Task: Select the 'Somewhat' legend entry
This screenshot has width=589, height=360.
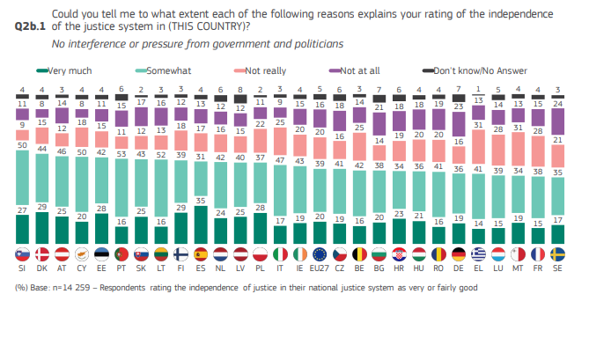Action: pyautogui.click(x=168, y=70)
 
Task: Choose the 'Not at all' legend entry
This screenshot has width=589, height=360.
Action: pyautogui.click(x=361, y=70)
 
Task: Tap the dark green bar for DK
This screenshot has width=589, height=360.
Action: pyautogui.click(x=40, y=227)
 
